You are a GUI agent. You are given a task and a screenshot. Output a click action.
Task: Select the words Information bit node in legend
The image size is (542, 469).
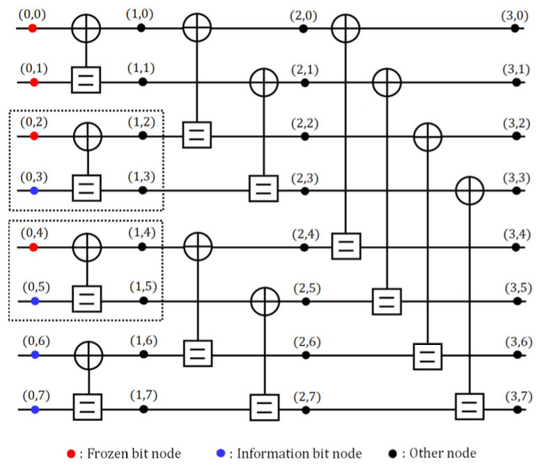pos(299,454)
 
